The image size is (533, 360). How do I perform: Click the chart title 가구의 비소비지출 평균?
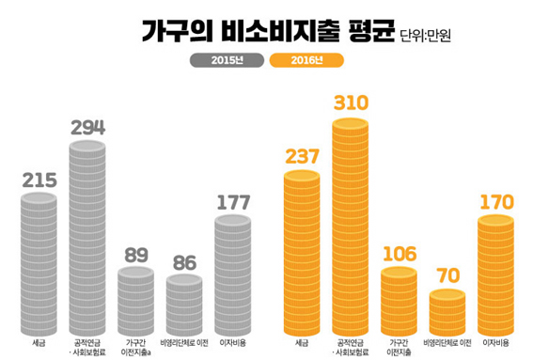click(268, 31)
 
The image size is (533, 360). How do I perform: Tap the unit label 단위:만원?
click(425, 36)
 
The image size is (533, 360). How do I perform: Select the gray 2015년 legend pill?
click(227, 60)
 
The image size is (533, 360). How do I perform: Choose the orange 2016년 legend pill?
click(306, 60)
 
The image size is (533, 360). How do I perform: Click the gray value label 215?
click(39, 180)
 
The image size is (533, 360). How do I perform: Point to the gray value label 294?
click(88, 128)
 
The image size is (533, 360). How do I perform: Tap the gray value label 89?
click(136, 255)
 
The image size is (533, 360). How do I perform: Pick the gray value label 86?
click(184, 263)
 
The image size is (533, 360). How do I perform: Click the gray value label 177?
click(233, 203)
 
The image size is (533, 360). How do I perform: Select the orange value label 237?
click(302, 157)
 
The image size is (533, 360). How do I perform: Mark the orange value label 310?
click(351, 103)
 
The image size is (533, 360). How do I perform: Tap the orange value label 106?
click(400, 255)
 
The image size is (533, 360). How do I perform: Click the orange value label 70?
click(448, 275)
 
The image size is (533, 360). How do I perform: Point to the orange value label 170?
click(496, 203)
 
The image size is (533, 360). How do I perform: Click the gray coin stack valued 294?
click(87, 238)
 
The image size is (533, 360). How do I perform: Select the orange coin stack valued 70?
click(447, 312)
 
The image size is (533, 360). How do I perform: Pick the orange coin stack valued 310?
click(350, 227)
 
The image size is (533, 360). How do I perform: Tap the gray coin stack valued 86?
click(184, 305)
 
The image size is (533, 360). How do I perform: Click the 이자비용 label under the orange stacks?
click(495, 343)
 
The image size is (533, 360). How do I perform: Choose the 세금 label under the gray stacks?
click(39, 343)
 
